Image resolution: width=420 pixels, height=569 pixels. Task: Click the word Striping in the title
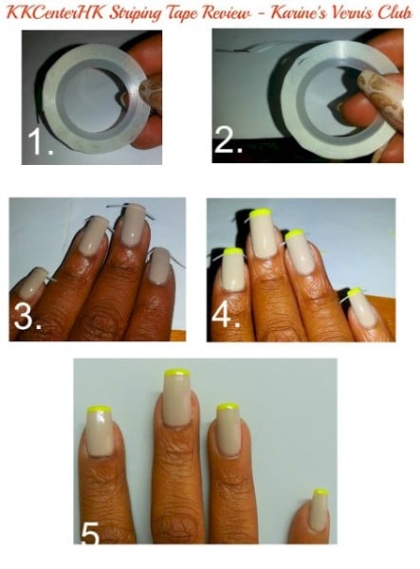coord(136,13)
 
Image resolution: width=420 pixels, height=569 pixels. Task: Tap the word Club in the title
coord(395,12)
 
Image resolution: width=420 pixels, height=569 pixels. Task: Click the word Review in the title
coord(226,13)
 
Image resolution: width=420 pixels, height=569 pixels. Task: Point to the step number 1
coord(39,141)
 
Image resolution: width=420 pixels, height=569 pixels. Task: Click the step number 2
coord(228,139)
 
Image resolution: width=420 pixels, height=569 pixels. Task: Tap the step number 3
coord(27,317)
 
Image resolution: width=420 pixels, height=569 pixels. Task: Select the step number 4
coord(226,315)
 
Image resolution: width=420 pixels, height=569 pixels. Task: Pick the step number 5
coord(89,533)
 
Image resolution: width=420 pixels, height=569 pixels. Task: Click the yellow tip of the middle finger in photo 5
coord(177,373)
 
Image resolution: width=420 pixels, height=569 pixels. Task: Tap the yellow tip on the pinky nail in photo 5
coord(320,491)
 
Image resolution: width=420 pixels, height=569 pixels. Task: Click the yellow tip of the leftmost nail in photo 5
coord(99,410)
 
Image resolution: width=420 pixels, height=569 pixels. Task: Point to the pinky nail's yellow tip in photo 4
coord(355,291)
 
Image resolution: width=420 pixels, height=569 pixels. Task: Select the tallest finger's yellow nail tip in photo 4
coord(261,211)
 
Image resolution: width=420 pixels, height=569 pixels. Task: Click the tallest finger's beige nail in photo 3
coord(133,224)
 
